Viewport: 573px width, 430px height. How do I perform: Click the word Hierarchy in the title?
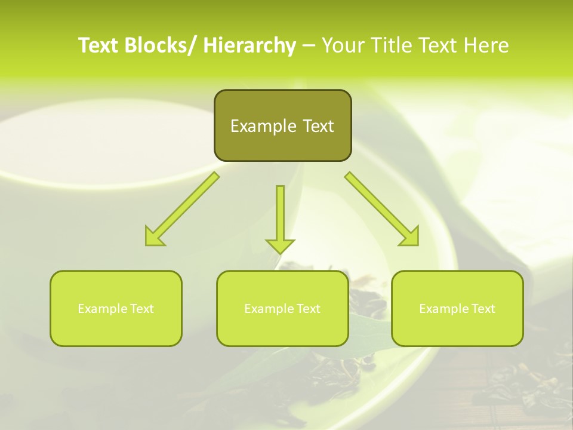[249, 45]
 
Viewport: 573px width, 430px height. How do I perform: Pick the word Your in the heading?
[343, 45]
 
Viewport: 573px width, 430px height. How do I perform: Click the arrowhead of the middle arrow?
[280, 245]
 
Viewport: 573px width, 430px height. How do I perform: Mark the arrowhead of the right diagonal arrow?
[411, 238]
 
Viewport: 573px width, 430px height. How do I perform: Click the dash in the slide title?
[309, 45]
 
